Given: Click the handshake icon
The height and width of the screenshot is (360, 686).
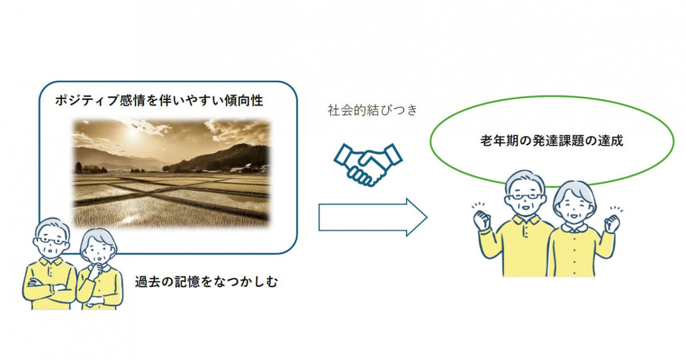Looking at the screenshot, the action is (x=368, y=165).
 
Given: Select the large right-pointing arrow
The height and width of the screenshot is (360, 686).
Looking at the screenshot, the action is (x=373, y=217).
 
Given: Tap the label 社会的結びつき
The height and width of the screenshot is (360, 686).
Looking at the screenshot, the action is (x=372, y=110).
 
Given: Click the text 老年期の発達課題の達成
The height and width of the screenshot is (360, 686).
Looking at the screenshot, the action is (x=552, y=141).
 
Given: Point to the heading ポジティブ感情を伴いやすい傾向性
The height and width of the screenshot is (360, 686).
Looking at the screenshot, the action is (x=159, y=100).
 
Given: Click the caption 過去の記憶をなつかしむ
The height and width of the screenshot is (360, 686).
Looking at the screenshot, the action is (x=206, y=282).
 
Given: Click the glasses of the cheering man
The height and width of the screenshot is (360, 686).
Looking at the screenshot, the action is (x=525, y=197).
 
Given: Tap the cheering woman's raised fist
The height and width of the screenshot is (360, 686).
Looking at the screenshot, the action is (x=612, y=224).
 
